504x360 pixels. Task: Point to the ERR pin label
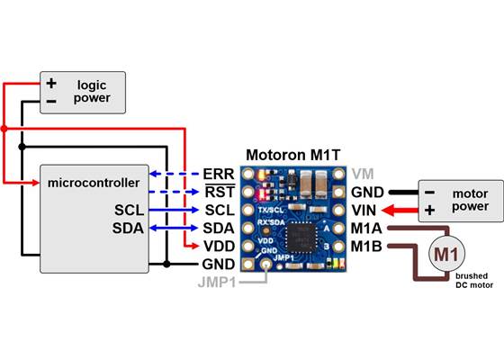point(219,173)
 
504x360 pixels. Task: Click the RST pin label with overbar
point(219,191)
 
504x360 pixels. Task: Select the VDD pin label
point(219,246)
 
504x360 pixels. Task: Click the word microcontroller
point(92,183)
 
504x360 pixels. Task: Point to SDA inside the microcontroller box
point(128,228)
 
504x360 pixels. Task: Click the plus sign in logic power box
point(51,84)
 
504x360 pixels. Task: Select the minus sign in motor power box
point(430,192)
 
